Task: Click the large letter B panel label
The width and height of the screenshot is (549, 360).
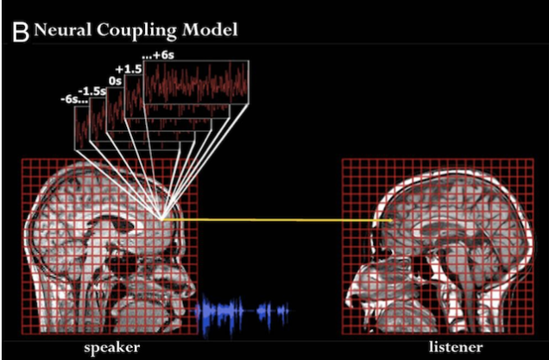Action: click(x=21, y=32)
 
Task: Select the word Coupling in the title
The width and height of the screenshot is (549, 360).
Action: click(x=136, y=30)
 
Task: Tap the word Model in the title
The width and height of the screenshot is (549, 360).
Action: click(x=210, y=29)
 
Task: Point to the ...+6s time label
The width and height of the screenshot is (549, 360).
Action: click(x=158, y=55)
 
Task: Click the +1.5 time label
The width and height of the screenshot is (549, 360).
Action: click(x=129, y=69)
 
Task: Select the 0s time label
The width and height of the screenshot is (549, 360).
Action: click(x=115, y=81)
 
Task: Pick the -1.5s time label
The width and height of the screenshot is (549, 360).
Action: click(x=92, y=92)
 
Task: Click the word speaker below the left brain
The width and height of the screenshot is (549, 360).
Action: click(x=111, y=348)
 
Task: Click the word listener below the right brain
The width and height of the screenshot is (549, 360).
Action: click(x=456, y=347)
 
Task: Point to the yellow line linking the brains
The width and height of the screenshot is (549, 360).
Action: click(x=276, y=220)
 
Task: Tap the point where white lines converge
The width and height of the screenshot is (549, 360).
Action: click(x=161, y=219)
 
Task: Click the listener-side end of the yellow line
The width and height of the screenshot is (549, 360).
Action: click(x=391, y=221)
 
